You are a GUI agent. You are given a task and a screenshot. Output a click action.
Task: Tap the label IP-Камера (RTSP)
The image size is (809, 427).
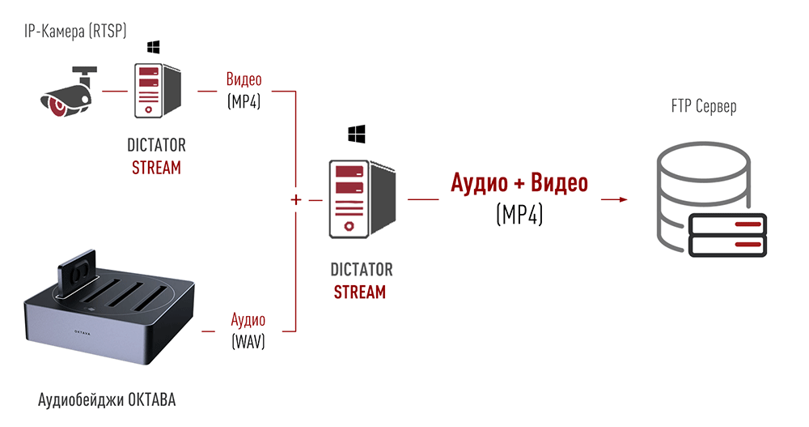[75, 31]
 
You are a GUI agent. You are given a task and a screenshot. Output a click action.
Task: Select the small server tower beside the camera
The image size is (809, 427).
[158, 91]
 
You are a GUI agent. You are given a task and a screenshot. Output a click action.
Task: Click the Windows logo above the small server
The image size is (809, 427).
[153, 47]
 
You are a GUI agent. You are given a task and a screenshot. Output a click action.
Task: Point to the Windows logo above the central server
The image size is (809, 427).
[357, 134]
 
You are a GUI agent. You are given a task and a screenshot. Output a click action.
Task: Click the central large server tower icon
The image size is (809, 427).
[362, 199]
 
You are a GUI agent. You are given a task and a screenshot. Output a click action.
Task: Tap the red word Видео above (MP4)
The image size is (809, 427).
[244, 79]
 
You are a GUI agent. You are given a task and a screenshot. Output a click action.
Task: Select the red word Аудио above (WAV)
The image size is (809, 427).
[248, 319]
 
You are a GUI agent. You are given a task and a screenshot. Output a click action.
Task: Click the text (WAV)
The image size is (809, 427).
[248, 341]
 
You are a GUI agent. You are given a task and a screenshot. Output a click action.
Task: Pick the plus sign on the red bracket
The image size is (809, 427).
[295, 199]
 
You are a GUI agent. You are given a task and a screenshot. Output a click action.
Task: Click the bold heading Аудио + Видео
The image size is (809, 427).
[519, 182]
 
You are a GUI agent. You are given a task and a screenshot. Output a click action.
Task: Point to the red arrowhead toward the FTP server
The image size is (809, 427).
[623, 199]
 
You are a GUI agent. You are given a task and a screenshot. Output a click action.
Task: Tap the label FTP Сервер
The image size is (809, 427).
[704, 106]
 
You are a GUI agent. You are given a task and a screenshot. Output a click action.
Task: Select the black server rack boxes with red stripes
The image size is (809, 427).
[727, 235]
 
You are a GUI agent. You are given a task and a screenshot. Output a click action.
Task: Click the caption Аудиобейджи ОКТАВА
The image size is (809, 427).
[107, 399]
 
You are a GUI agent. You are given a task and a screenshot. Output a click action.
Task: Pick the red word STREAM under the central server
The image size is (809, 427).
[360, 292]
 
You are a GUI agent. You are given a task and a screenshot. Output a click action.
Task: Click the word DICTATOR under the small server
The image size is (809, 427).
[156, 145]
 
